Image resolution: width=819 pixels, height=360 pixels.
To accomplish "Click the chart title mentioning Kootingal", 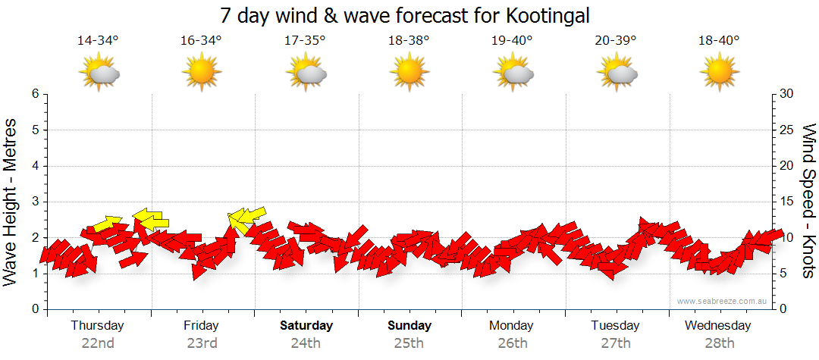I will tap(404, 16).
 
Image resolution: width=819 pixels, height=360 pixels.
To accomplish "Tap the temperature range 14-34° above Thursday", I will tap(98, 41).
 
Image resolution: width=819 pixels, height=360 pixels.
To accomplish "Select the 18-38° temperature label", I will tap(409, 41).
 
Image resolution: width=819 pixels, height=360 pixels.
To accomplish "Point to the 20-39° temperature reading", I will tap(616, 41).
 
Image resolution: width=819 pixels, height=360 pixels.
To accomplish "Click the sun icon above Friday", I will tap(202, 74).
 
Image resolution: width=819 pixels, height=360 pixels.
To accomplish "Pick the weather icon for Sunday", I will tap(409, 74).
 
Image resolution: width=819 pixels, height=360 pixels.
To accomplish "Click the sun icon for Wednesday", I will tap(719, 74).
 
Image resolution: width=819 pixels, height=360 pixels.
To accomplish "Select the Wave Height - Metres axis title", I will tap(11, 201).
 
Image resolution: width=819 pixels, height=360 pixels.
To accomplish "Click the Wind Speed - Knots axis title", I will tap(808, 201).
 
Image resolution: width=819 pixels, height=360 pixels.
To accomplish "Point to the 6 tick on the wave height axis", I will tap(34, 94).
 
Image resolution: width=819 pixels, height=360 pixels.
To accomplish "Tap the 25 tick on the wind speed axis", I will tap(787, 130).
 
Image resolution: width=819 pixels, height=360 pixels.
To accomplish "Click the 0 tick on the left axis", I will tap(34, 309).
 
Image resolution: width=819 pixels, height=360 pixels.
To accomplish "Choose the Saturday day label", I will tap(306, 326).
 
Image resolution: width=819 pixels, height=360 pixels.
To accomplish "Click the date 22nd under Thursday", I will tap(98, 343).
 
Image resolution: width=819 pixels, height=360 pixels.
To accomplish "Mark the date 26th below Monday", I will tap(513, 343).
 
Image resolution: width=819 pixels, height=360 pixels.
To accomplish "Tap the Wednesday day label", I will tap(717, 326).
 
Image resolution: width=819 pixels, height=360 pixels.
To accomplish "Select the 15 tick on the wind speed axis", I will tap(787, 202).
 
